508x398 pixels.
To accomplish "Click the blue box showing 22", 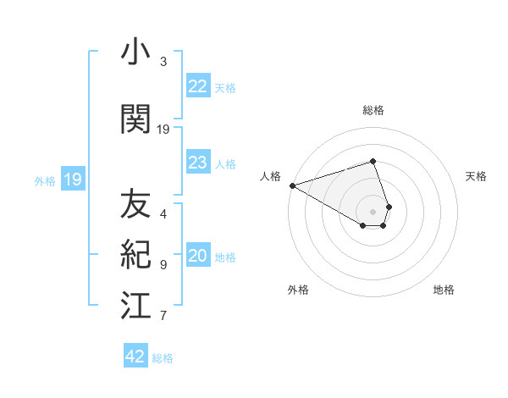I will tap(197, 86).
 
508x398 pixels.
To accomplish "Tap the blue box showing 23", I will tap(197, 163).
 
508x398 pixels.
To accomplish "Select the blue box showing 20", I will tap(197, 257).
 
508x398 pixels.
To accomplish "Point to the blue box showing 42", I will tap(135, 357).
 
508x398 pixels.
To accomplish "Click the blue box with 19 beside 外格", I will tap(72, 180).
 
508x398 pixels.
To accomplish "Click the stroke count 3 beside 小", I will tap(163, 62).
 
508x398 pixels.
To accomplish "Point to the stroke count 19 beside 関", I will tap(163, 129).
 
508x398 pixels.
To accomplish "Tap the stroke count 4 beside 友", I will tap(163, 214).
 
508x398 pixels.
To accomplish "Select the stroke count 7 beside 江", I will tap(163, 316).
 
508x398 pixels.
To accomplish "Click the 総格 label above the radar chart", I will tap(373, 110).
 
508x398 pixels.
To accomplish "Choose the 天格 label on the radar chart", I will tap(477, 176).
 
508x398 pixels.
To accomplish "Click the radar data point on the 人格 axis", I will tap(292, 185).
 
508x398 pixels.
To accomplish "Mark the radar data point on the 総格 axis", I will tap(373, 161).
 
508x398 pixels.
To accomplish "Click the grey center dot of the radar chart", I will tap(373, 211).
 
